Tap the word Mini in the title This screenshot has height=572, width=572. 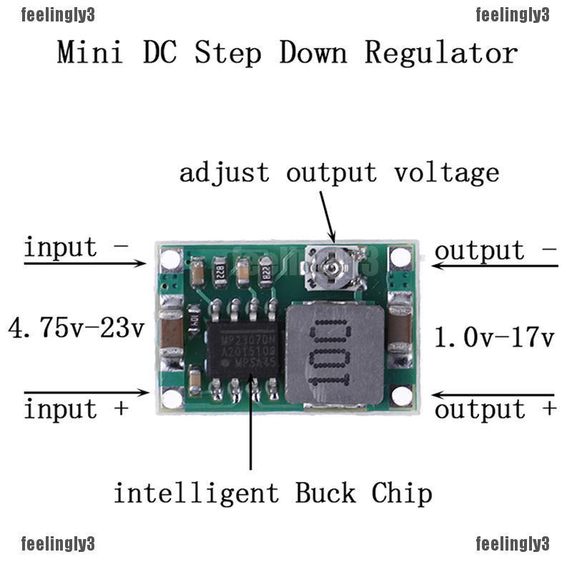coord(89,53)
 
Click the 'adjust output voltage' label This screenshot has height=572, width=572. coord(339,173)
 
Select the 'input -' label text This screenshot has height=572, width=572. coord(76,248)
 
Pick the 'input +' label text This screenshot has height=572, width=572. coord(76,410)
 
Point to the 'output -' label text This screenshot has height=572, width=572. coord(495,251)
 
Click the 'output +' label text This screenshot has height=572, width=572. coord(495,410)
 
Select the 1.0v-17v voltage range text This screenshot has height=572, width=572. coord(495,336)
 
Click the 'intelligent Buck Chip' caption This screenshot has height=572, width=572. coord(273,493)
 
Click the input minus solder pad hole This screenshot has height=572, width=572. coord(171,259)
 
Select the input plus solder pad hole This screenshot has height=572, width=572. coord(172,398)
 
